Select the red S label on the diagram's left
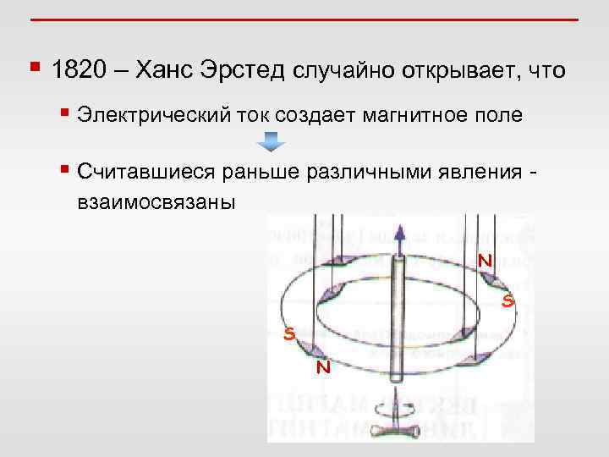coord(289,335)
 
